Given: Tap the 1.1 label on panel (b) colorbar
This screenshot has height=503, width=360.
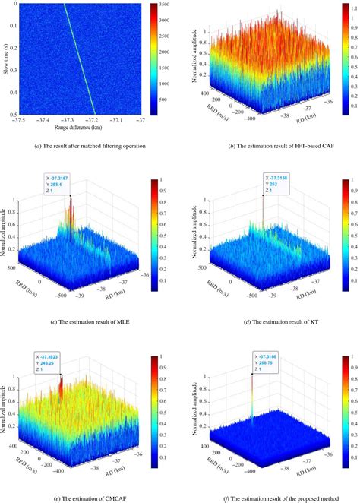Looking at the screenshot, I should pos(351,11).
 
